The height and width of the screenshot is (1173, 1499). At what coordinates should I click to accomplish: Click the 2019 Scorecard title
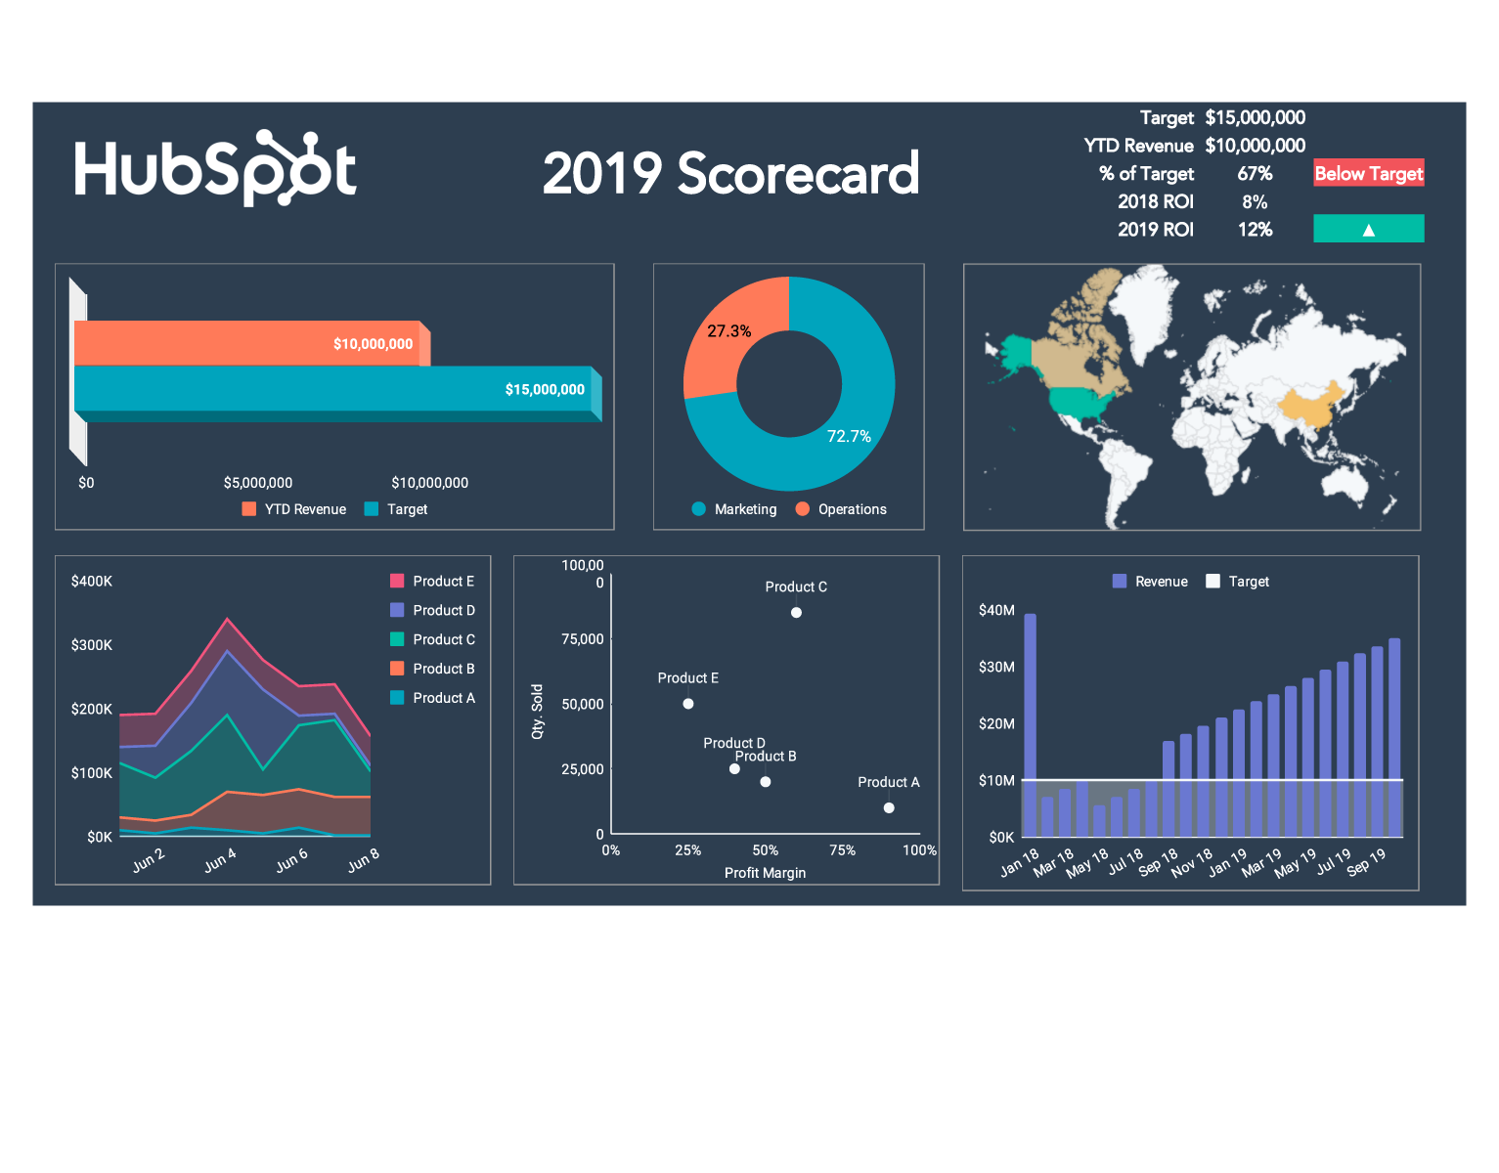730,174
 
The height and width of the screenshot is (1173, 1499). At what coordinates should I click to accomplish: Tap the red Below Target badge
1368,173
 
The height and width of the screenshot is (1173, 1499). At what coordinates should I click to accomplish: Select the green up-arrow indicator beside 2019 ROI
1368,229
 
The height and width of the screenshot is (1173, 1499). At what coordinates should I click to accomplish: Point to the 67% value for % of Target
1255,174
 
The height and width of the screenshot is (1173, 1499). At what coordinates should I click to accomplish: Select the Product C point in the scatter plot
796,613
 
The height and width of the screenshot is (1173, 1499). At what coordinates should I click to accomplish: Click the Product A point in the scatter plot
889,808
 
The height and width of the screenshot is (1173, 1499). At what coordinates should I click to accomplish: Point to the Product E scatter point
688,704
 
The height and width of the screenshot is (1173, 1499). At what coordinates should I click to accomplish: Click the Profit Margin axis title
765,873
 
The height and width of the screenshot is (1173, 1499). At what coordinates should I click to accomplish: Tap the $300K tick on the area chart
92,645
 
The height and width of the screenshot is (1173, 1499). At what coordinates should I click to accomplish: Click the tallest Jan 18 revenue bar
1030,723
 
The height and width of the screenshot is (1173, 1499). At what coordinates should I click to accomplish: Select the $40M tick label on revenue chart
996,610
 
